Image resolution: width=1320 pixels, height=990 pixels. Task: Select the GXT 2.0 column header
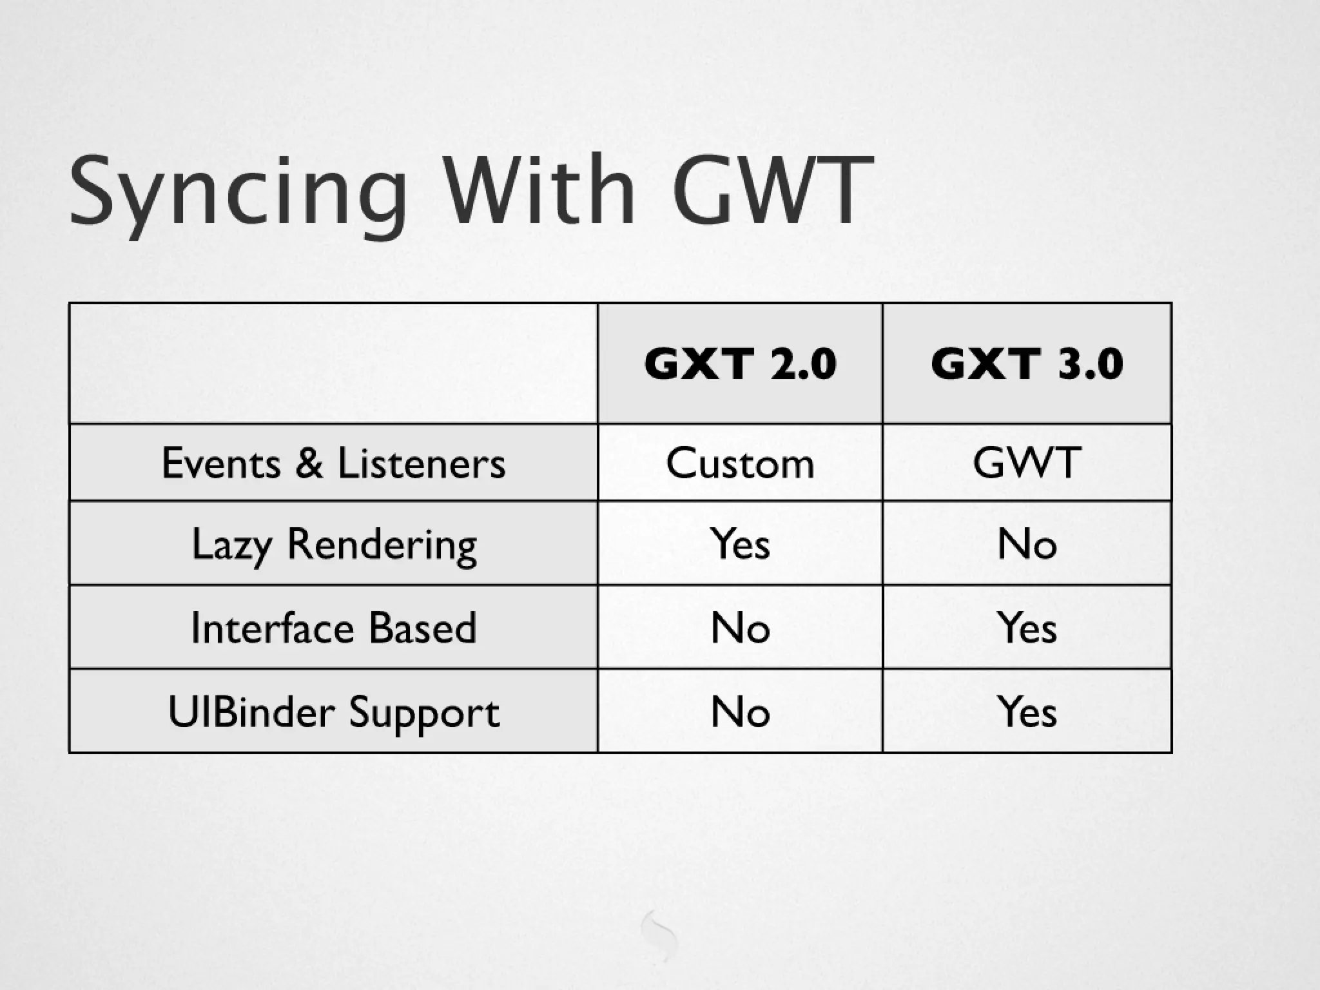[740, 364]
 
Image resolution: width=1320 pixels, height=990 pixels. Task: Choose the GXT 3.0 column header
[1027, 364]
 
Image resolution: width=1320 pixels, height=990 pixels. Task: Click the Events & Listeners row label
[333, 463]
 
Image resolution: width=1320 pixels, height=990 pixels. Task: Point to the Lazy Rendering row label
[333, 545]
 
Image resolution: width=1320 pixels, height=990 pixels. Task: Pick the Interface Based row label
[333, 628]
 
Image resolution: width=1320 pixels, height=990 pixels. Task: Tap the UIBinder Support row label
[333, 712]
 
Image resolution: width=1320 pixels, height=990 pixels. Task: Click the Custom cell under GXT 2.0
[740, 463]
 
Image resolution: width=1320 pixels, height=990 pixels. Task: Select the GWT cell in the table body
[1027, 463]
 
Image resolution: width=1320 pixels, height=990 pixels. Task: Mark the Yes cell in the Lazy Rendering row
[740, 544]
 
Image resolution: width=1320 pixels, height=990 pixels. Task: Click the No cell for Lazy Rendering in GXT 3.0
[1027, 544]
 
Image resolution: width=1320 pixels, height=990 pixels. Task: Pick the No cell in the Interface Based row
[740, 628]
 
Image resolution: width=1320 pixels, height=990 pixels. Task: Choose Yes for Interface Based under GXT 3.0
[1027, 628]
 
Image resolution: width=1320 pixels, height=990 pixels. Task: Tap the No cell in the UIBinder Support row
[740, 712]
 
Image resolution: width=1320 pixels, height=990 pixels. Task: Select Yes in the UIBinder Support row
[1027, 712]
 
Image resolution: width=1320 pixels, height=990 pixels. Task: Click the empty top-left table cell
[333, 364]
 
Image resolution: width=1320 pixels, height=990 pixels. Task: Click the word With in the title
[540, 191]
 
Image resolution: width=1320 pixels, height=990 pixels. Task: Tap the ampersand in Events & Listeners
[309, 463]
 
